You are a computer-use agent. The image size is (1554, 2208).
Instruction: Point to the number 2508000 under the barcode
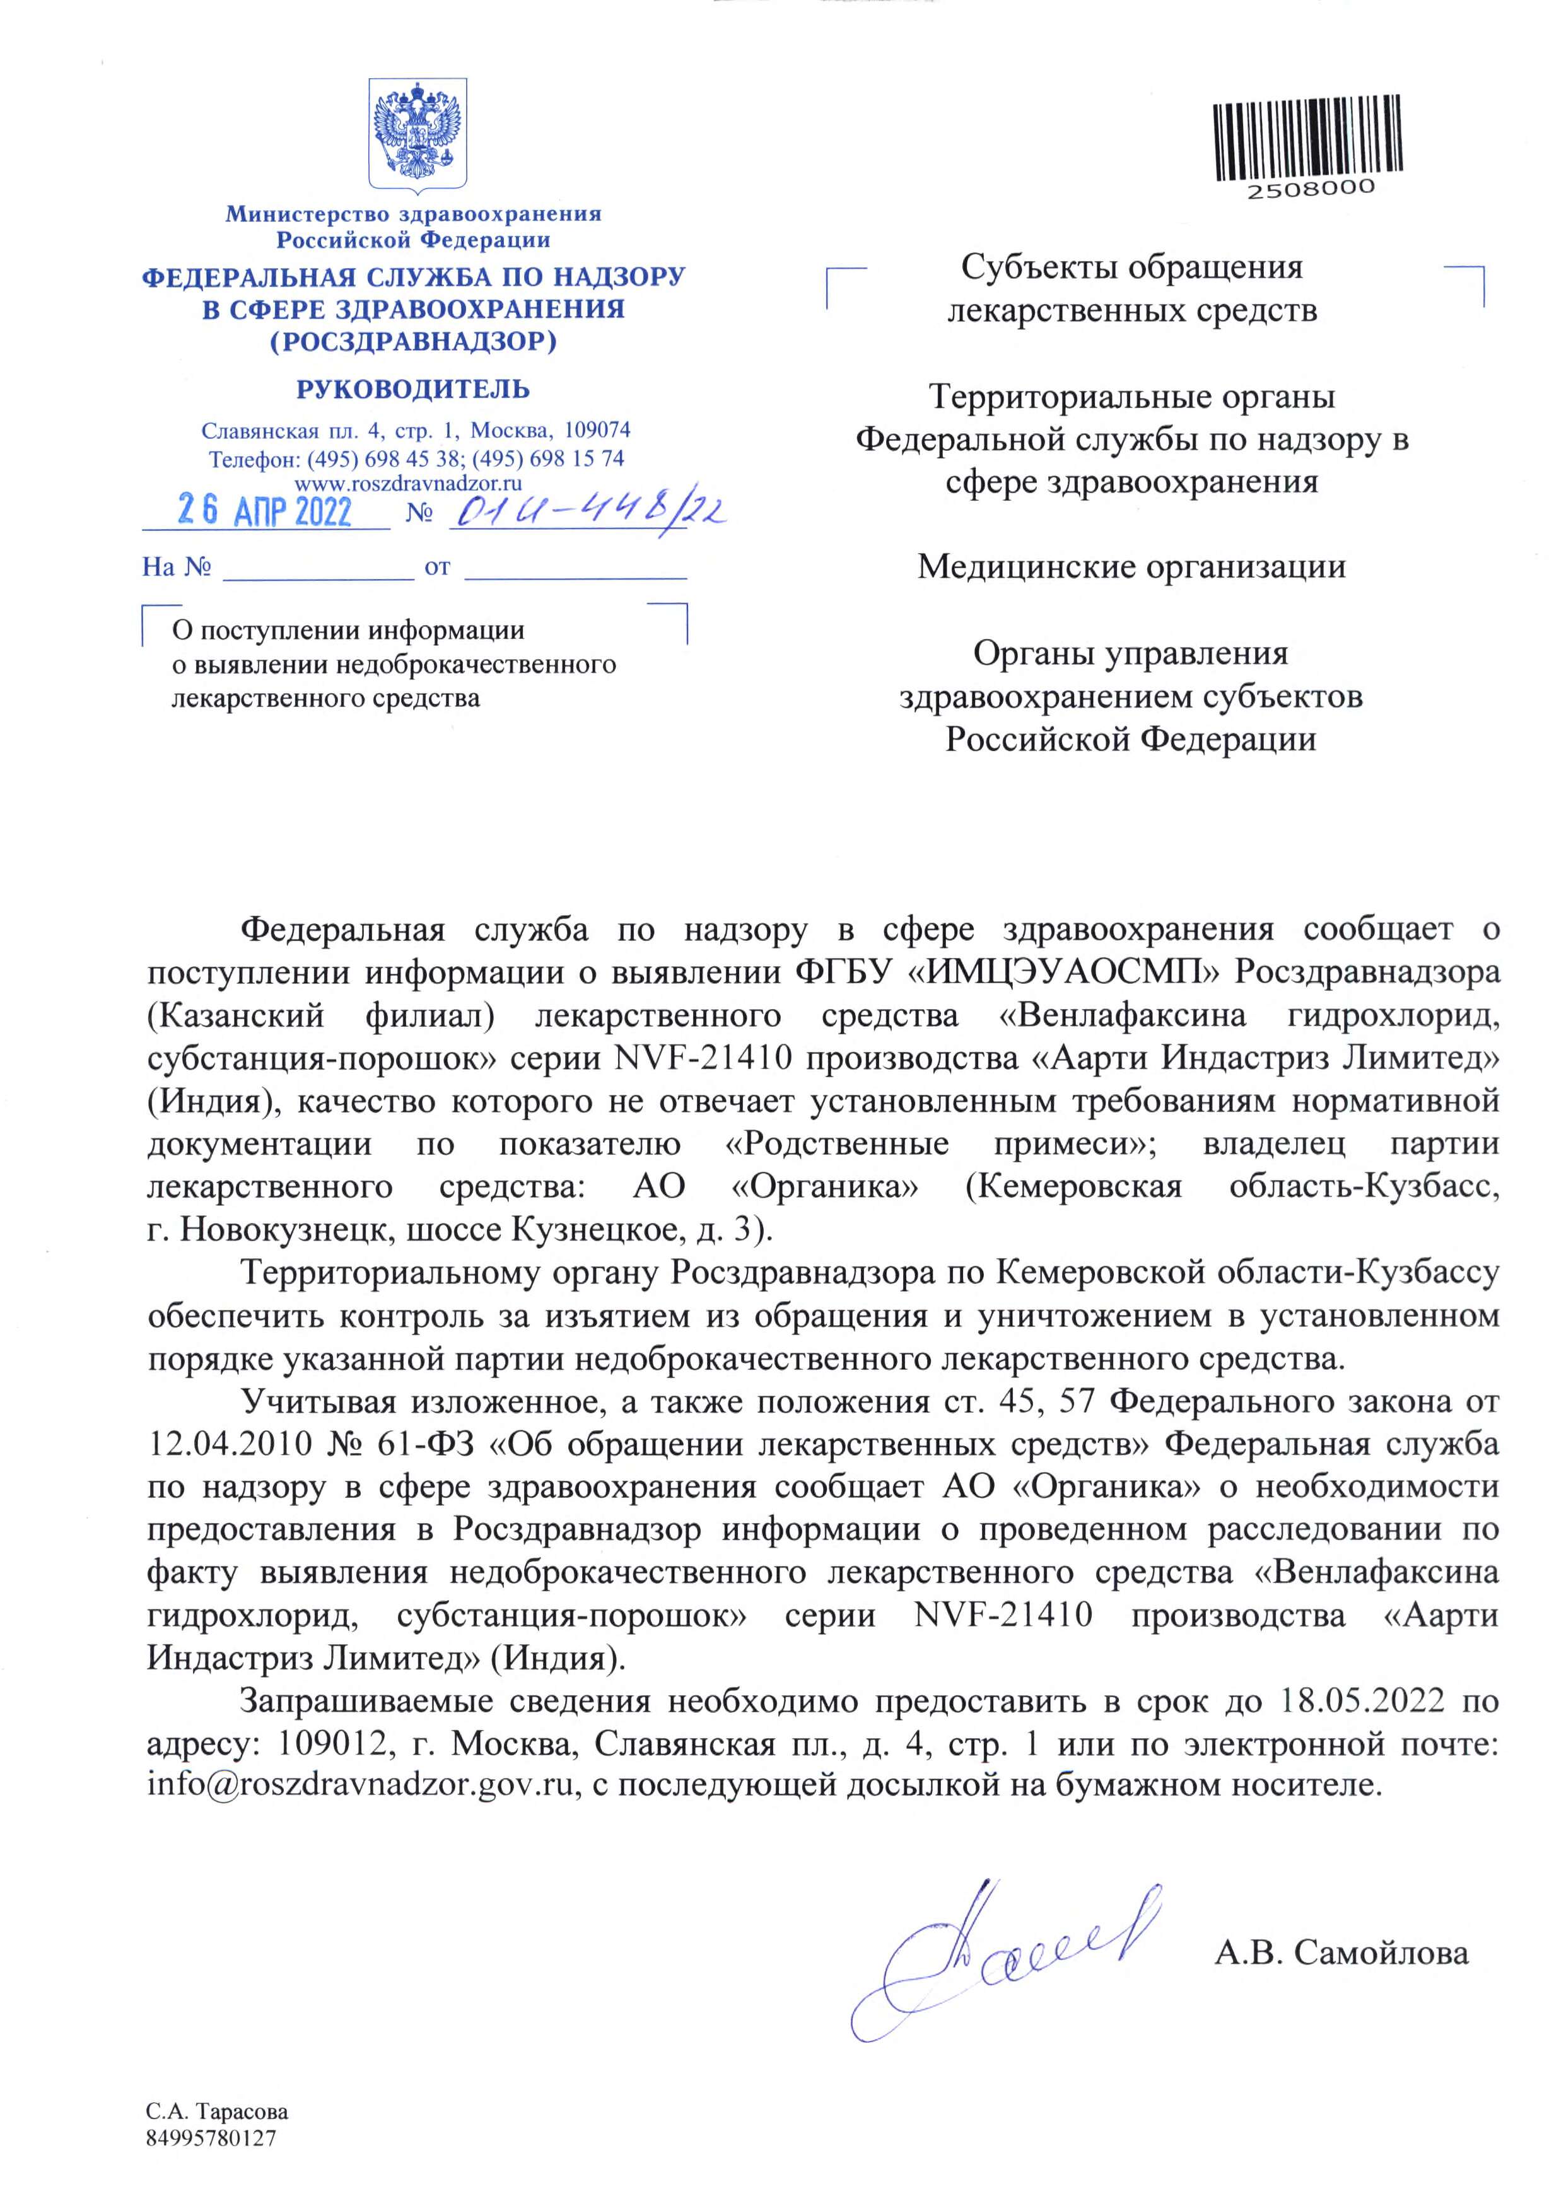coord(1312,189)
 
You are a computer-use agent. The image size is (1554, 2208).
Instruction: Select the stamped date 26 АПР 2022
coord(264,511)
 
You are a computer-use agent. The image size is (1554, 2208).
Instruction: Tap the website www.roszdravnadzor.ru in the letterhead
coord(409,484)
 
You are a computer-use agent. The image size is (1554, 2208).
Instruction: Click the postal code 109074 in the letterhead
coord(597,430)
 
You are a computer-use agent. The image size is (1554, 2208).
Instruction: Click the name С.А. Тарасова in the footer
coord(218,2113)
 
